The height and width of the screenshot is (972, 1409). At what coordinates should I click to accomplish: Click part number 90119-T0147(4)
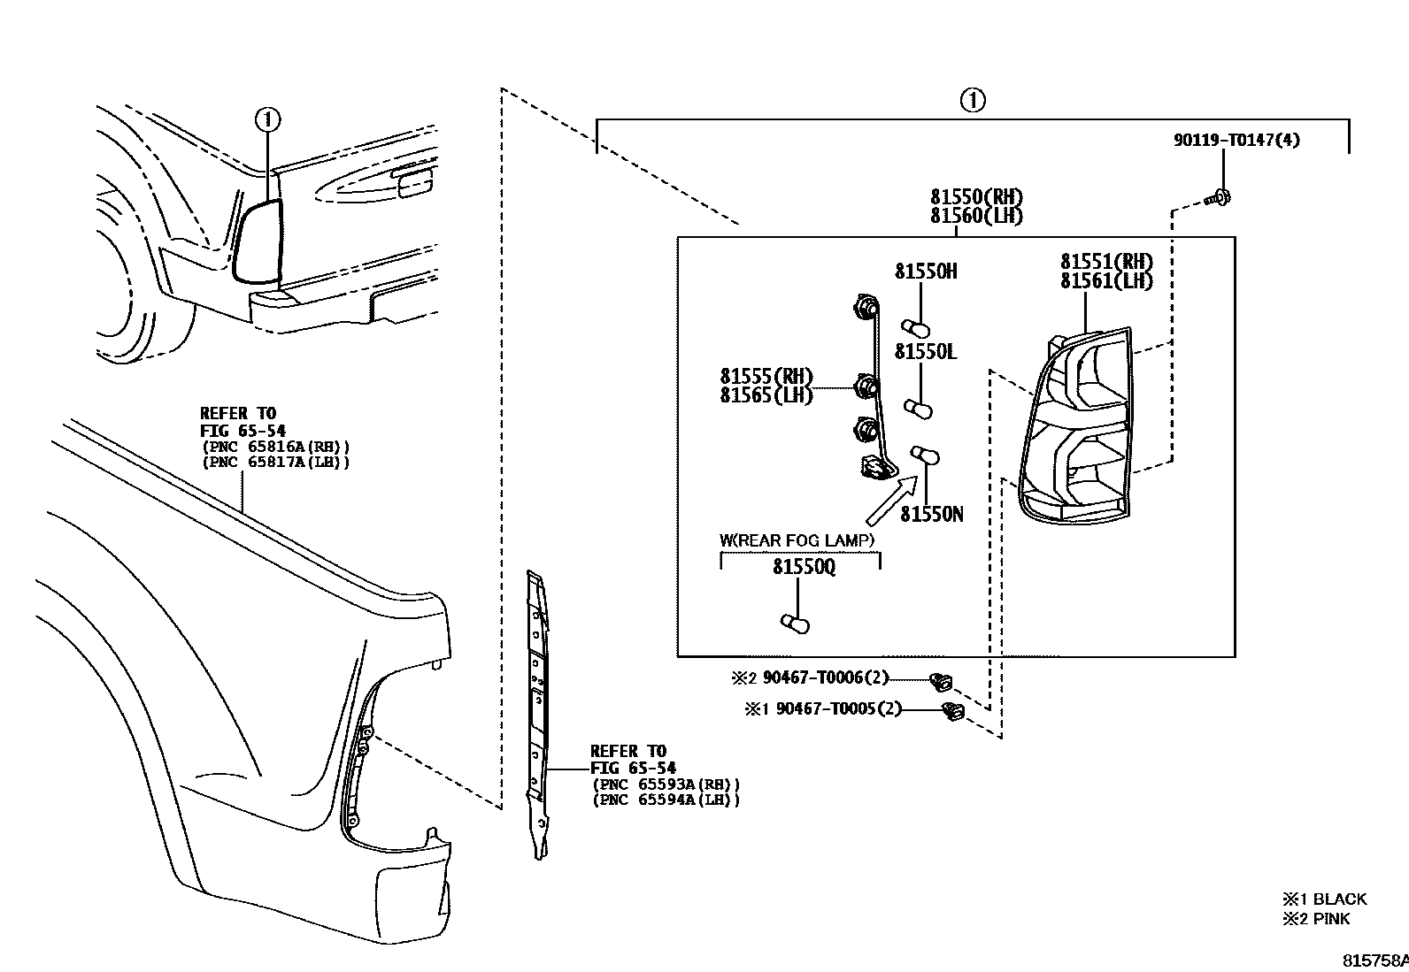coord(1236,140)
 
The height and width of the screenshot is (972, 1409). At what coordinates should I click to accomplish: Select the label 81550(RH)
coord(976,197)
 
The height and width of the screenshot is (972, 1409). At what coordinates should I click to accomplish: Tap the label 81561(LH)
coord(1106,281)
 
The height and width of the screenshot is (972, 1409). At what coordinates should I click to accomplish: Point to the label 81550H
coord(926,272)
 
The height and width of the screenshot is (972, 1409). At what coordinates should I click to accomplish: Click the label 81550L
coord(926,352)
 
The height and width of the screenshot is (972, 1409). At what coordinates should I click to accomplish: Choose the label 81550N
coord(931,514)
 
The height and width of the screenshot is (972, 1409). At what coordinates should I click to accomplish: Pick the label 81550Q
coord(804,567)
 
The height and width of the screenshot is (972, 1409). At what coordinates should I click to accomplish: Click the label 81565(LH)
coord(766,395)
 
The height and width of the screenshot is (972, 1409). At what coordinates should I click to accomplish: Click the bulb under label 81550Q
coord(795,624)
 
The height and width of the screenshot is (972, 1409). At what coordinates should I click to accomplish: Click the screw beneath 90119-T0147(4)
coord(1221,198)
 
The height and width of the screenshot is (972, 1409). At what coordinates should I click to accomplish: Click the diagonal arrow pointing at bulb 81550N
coord(891,500)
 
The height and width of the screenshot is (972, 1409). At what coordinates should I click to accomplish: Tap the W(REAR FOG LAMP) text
coord(797,540)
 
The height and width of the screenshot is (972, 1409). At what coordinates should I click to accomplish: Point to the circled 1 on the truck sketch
coord(267,119)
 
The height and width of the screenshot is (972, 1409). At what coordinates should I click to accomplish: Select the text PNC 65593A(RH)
coord(666,784)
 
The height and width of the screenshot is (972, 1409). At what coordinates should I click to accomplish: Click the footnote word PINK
coord(1332,919)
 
